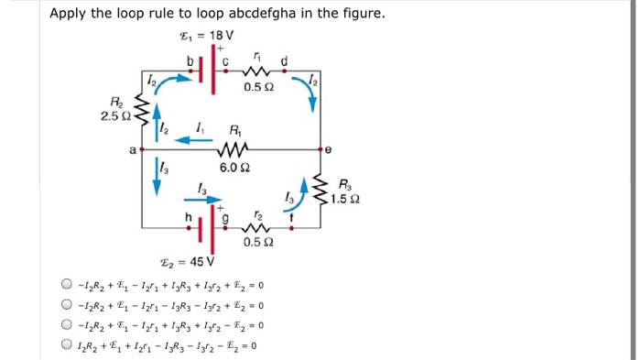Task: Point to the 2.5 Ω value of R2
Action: coord(120,116)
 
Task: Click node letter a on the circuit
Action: coord(135,147)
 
